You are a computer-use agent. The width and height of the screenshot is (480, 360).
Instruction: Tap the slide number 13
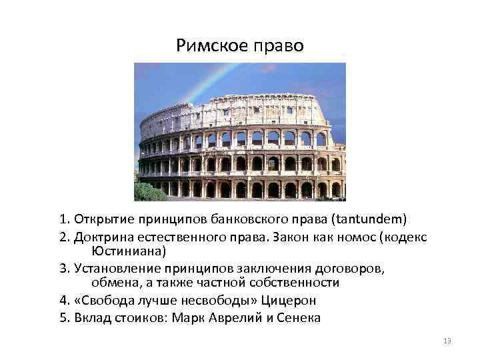(447, 341)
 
